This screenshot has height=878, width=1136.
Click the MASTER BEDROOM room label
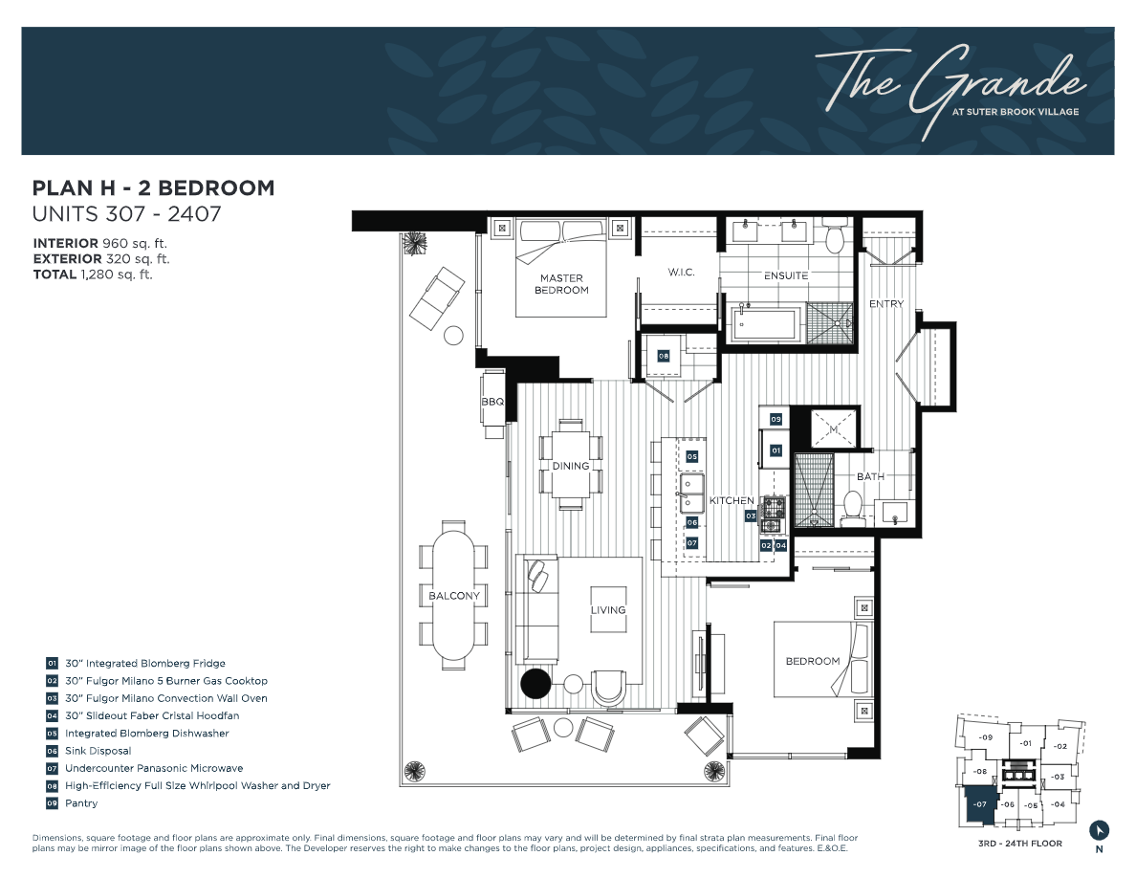pyautogui.click(x=561, y=284)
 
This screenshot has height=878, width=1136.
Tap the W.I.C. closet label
pyautogui.click(x=681, y=274)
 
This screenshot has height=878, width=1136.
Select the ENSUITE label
pyautogui.click(x=786, y=275)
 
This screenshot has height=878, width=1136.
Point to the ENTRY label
pyautogui.click(x=885, y=304)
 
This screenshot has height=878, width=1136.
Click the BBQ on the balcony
pyautogui.click(x=492, y=403)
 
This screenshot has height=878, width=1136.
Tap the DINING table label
pyautogui.click(x=571, y=466)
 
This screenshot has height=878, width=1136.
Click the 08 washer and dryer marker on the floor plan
pyautogui.click(x=663, y=356)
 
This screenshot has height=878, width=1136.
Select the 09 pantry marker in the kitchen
pyautogui.click(x=776, y=419)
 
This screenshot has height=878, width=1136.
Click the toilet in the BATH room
pyautogui.click(x=853, y=506)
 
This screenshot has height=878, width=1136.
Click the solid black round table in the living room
pyautogui.click(x=535, y=684)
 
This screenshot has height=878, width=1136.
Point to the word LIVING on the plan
pyautogui.click(x=608, y=610)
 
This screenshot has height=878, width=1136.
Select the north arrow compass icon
pyautogui.click(x=1100, y=829)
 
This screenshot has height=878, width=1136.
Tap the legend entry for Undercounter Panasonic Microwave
pyautogui.click(x=153, y=768)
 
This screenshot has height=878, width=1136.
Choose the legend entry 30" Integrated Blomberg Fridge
pyautogui.click(x=144, y=663)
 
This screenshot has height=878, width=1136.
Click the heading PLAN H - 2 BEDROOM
pyautogui.click(x=153, y=188)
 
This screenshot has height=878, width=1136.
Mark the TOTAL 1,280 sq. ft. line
pyautogui.click(x=93, y=274)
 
